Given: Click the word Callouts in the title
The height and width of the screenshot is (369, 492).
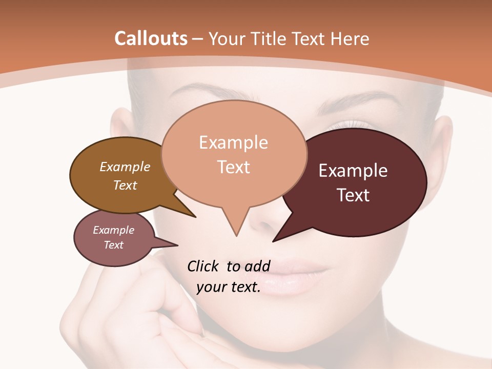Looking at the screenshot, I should coord(151,38).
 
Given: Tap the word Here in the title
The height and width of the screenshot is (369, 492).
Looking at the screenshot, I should coord(351,38).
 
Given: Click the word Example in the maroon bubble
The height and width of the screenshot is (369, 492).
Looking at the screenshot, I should coord(353,171).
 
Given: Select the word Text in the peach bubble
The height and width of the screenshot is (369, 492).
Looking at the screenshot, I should coord(234,167).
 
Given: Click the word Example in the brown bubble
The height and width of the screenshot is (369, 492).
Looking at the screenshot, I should coord(125,167).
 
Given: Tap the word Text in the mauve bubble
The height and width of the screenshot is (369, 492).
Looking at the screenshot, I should coord(114,245).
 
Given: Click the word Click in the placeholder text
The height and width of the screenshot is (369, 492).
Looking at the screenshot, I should coord(204,266).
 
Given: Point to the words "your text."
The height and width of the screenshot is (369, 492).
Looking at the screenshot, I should coord(229,287).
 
